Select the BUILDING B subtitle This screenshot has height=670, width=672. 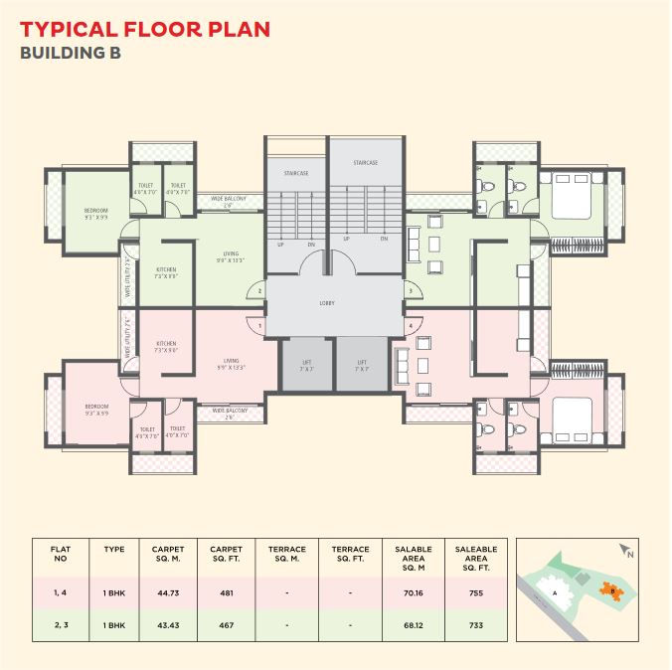click(71, 54)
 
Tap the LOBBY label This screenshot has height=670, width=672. click(327, 301)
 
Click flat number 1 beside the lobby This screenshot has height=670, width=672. click(259, 325)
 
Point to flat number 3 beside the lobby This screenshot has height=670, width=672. click(411, 290)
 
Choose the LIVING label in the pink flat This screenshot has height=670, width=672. click(231, 364)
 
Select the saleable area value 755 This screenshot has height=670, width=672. click(475, 592)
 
